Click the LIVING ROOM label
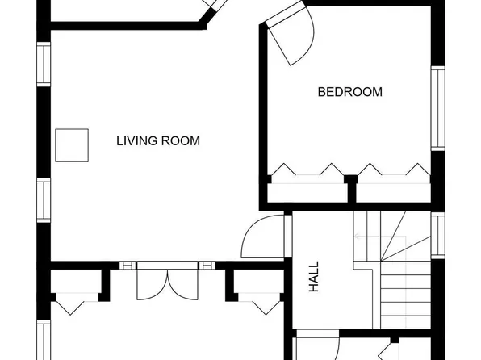point(158,141)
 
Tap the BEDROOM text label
point(349,92)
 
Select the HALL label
point(314,275)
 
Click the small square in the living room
point(71,145)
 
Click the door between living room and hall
point(265,237)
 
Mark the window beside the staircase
point(438,234)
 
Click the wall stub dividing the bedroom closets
point(350,187)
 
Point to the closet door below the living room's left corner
point(72,303)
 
